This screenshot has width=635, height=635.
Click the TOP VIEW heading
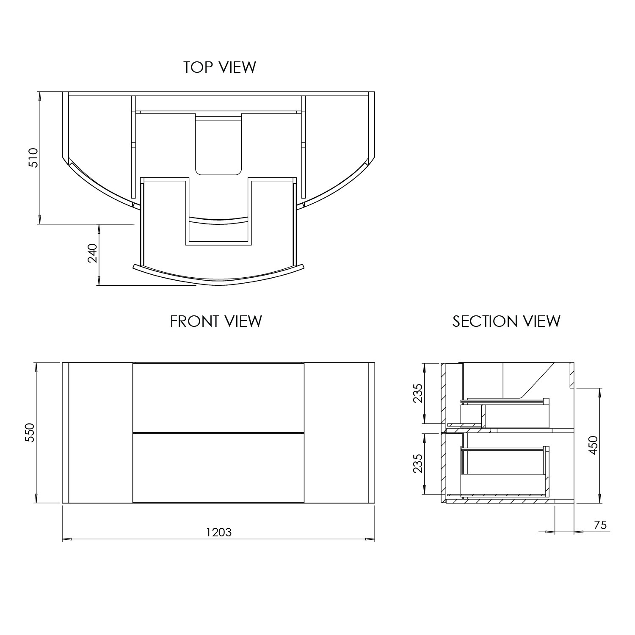tap(219, 67)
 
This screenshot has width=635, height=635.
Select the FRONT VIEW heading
tap(216, 321)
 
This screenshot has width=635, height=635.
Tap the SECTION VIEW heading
tap(506, 321)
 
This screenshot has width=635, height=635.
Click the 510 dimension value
tap(33, 158)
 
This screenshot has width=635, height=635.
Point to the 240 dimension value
tap(93, 254)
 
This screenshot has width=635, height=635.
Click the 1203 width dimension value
tap(219, 532)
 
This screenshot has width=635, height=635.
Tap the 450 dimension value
tap(594, 445)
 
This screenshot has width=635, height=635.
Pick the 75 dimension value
tap(600, 525)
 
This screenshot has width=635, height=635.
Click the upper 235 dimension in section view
tap(418, 393)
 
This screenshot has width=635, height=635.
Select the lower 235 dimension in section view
tap(418, 464)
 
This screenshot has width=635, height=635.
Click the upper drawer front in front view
tap(218, 397)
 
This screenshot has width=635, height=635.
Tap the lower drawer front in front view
tap(218, 467)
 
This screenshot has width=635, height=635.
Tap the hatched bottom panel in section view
tap(500, 501)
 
